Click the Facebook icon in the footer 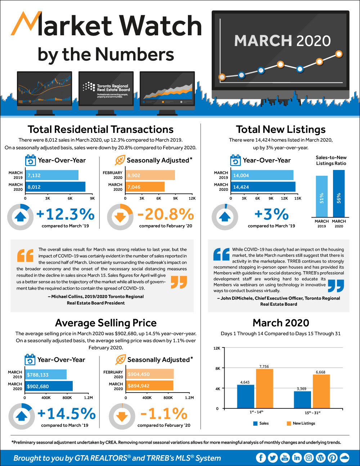tap(261, 458)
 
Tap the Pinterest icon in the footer tap(333, 458)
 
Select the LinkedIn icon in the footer tap(297, 458)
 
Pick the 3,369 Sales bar tap(302, 400)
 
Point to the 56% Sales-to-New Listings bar tap(339, 193)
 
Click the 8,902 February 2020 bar tap(150, 175)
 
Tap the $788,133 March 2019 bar tap(46, 375)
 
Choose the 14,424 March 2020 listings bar tap(263, 187)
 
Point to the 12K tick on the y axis tap(217, 348)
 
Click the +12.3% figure tap(66, 215)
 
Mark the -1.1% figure tap(164, 414)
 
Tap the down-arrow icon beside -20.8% tap(120, 217)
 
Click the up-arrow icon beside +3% tap(225, 217)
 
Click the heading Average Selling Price tap(106, 323)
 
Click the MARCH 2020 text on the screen tap(282, 41)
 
